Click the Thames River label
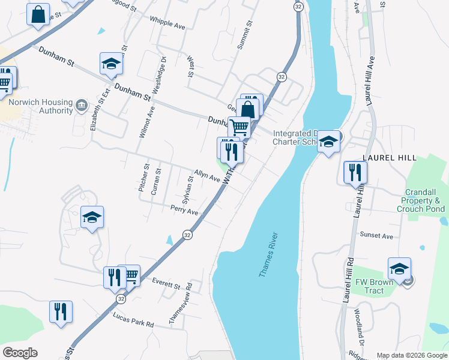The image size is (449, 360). pyautogui.click(x=269, y=254)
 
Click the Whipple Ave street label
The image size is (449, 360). pyautogui.click(x=167, y=25)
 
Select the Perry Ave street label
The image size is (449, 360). pyautogui.click(x=184, y=211)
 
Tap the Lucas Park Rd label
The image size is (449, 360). pyautogui.click(x=133, y=319)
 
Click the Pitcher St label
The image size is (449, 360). pyautogui.click(x=143, y=178)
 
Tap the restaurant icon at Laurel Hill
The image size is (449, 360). pyautogui.click(x=354, y=172)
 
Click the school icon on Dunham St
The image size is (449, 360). pyautogui.click(x=111, y=64)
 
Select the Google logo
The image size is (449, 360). pyautogui.click(x=20, y=353)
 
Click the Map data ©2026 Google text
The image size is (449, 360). pyautogui.click(x=411, y=355)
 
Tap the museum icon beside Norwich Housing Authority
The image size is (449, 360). pyautogui.click(x=80, y=107)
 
